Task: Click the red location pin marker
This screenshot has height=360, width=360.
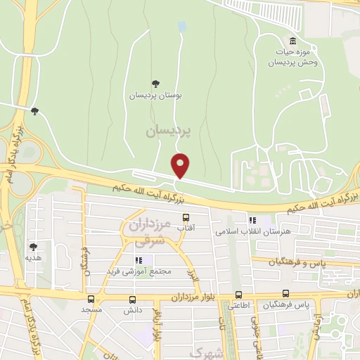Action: pyautogui.click(x=181, y=165)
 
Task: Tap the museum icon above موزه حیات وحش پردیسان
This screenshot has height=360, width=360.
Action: pyautogui.click(x=292, y=40)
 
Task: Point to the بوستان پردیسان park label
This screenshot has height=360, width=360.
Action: pyautogui.click(x=155, y=95)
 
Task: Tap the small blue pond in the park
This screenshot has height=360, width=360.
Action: pyautogui.click(x=183, y=27)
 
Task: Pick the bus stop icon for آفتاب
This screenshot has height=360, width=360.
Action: pyautogui.click(x=186, y=217)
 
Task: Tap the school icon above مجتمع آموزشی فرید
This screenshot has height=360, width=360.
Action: pyautogui.click(x=139, y=259)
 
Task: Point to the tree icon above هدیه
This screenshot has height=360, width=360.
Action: pyautogui.click(x=33, y=247)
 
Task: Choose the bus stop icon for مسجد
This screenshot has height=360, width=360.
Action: pyautogui.click(x=92, y=298)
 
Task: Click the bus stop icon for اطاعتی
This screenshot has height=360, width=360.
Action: pyautogui.click(x=238, y=295)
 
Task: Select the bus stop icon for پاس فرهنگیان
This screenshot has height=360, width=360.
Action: pyautogui.click(x=285, y=294)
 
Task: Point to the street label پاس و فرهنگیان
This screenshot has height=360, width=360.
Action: pyautogui.click(x=300, y=262)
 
